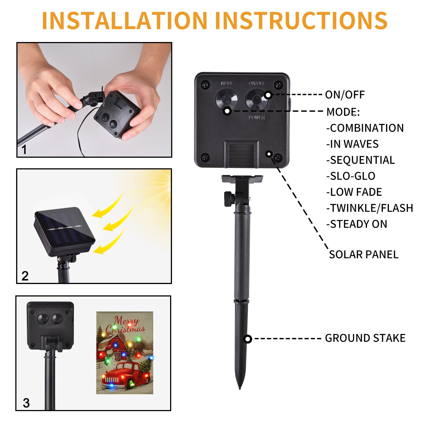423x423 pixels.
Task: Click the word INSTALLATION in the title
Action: click(124, 21)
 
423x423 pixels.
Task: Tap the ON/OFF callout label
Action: click(345, 95)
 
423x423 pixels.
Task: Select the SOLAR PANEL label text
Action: click(364, 254)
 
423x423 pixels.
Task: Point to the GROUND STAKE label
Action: click(365, 338)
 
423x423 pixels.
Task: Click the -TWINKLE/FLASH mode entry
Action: click(370, 208)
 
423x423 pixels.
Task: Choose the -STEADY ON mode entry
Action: click(357, 224)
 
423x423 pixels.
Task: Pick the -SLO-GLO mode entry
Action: click(351, 176)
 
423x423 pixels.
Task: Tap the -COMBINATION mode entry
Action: click(365, 128)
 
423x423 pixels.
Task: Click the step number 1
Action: click(24, 150)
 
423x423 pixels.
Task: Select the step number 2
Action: click(25, 276)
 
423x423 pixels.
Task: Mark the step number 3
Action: click(26, 403)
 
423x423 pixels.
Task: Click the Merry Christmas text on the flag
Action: click(125, 325)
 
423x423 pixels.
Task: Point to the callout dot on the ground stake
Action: click(248, 339)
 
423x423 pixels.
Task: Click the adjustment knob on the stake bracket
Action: click(229, 199)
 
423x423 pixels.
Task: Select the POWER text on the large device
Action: click(257, 117)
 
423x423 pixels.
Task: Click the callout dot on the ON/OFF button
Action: click(268, 95)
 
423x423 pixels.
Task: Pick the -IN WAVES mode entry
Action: click(352, 144)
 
